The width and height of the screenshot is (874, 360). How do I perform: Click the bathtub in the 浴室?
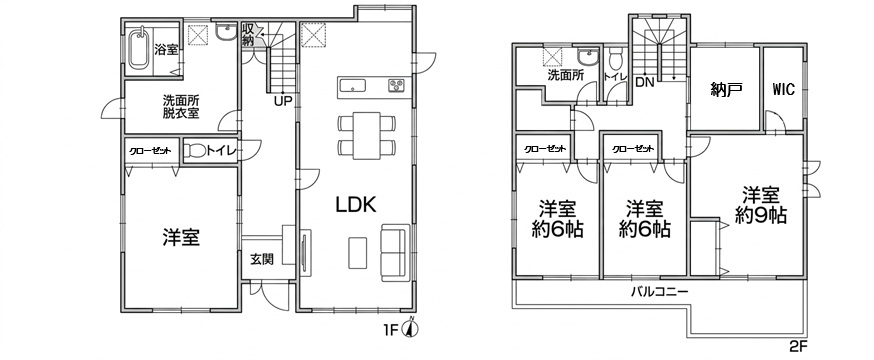[x=138, y=50]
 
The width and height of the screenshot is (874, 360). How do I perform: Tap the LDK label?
[x=356, y=205]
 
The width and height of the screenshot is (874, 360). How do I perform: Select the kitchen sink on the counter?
[x=353, y=85]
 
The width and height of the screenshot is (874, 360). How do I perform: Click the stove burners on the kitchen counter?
[x=398, y=85]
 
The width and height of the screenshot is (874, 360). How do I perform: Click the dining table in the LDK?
[x=366, y=135]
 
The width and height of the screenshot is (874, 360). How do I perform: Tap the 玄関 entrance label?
[x=261, y=260]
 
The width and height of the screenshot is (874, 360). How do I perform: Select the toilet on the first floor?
[x=195, y=150]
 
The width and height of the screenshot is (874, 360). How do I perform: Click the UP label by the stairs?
[x=283, y=101]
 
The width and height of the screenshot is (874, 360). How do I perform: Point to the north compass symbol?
[x=412, y=328]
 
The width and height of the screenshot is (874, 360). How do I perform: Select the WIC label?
[x=783, y=89]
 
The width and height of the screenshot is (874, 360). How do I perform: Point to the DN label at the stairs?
[x=645, y=83]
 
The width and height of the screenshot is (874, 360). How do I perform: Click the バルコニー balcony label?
[x=659, y=291]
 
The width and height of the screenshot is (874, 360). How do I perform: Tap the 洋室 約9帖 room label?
[x=760, y=205]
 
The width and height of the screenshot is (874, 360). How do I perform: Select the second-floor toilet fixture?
[x=615, y=57]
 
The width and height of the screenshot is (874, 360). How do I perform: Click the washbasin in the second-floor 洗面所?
[x=586, y=57]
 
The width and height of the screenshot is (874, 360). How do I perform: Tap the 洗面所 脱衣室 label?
[x=181, y=107]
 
